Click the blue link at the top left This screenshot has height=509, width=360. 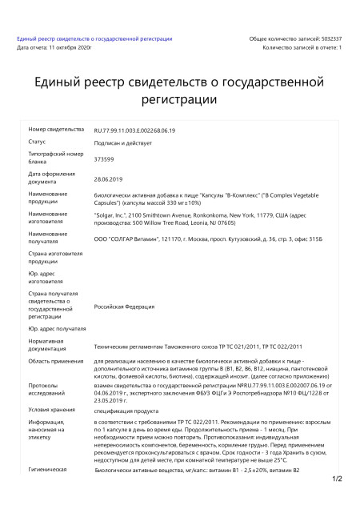[94, 38]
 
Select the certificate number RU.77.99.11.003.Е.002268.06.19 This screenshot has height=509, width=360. [135, 130]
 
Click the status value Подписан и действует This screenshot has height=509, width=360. [123, 144]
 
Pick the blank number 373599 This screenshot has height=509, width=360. [104, 158]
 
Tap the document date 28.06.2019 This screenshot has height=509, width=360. [108, 178]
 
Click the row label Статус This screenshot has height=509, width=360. [39, 142]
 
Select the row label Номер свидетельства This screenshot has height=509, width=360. [56, 129]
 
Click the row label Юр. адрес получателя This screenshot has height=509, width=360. [57, 329]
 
